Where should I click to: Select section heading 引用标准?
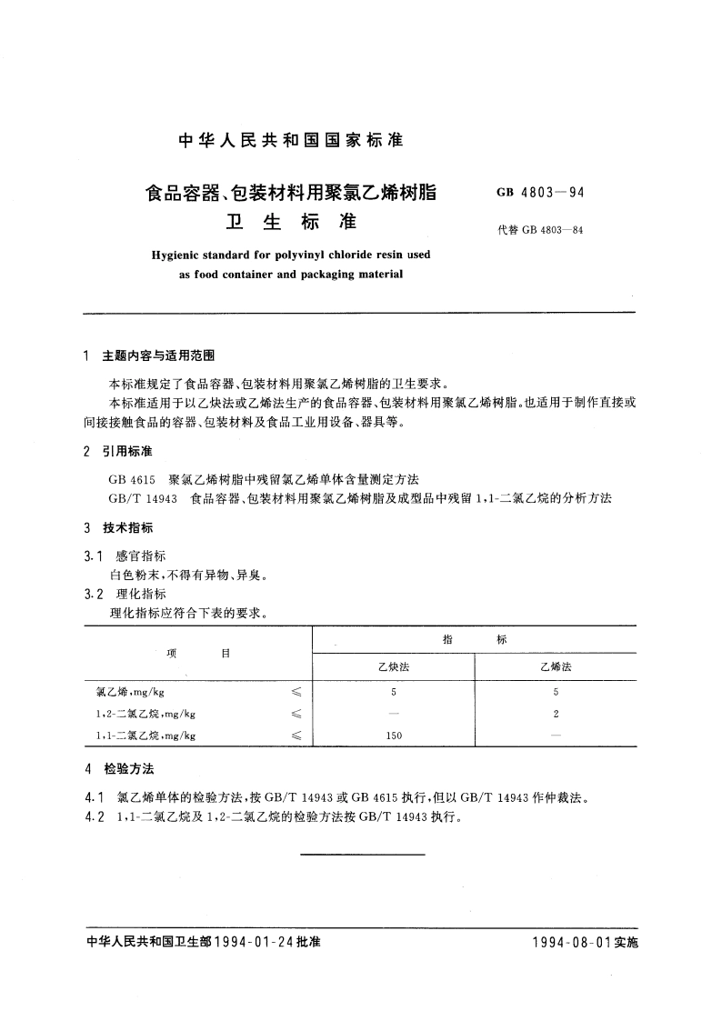pyautogui.click(x=129, y=451)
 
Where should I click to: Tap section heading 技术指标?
pyautogui.click(x=129, y=528)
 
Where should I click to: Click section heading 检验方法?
pyautogui.click(x=129, y=768)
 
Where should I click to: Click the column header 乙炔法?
pyautogui.click(x=394, y=666)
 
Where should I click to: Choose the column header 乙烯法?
pyautogui.click(x=556, y=666)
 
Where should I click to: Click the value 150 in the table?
pyautogui.click(x=394, y=736)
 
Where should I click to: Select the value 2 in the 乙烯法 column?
pyautogui.click(x=556, y=714)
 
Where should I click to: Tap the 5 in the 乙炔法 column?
pyautogui.click(x=394, y=692)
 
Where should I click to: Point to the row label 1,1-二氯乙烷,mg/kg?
pyautogui.click(x=145, y=736)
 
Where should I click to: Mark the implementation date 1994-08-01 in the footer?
pyautogui.click(x=572, y=943)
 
